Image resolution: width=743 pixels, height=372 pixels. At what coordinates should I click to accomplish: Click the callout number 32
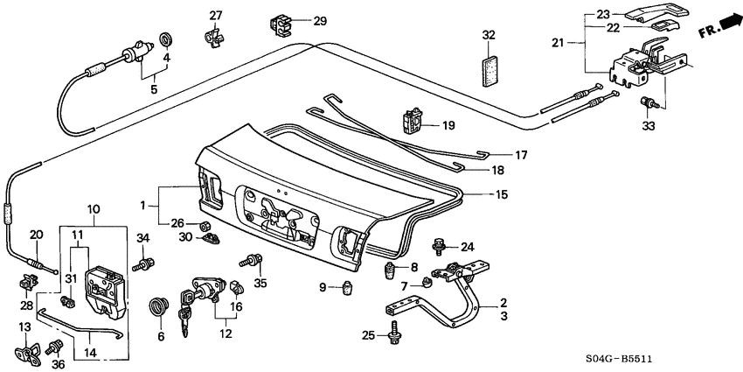pos(489,35)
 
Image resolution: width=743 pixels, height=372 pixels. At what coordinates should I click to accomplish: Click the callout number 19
pos(448,126)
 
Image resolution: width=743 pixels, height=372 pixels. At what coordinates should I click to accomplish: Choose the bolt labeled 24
pos(441,248)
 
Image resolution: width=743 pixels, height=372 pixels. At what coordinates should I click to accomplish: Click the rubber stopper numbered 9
pos(347,288)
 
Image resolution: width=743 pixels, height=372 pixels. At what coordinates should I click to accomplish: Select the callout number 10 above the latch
pos(93,209)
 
